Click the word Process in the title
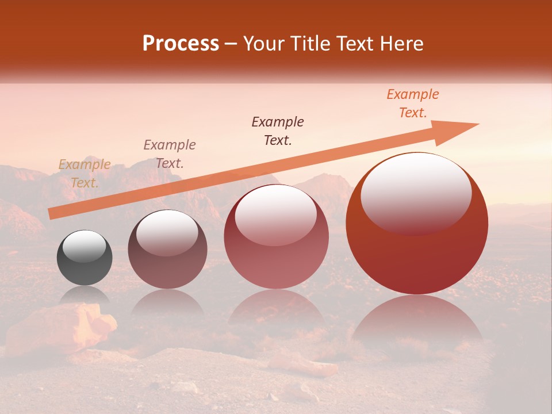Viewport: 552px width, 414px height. click(x=181, y=44)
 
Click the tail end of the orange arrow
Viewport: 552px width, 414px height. click(x=51, y=214)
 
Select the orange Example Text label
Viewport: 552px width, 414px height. click(x=412, y=103)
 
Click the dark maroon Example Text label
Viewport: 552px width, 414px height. click(x=278, y=131)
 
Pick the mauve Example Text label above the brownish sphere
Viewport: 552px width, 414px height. click(x=170, y=154)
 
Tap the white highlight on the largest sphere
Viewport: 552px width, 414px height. click(x=416, y=193)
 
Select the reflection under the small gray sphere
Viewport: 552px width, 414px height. click(x=85, y=294)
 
